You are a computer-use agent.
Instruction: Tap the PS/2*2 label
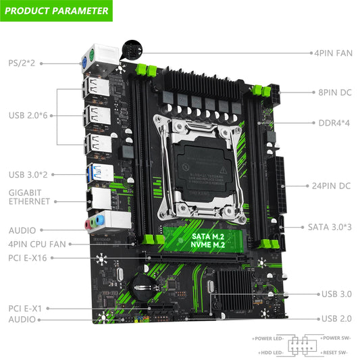(x=21, y=62)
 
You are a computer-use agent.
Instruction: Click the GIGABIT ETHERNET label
(x=29, y=197)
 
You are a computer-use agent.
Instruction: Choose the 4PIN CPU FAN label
(x=37, y=244)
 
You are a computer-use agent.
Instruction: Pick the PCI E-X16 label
(x=28, y=258)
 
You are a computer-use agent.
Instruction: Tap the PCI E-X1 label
(x=25, y=308)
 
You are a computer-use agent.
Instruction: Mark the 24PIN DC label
(x=331, y=185)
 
